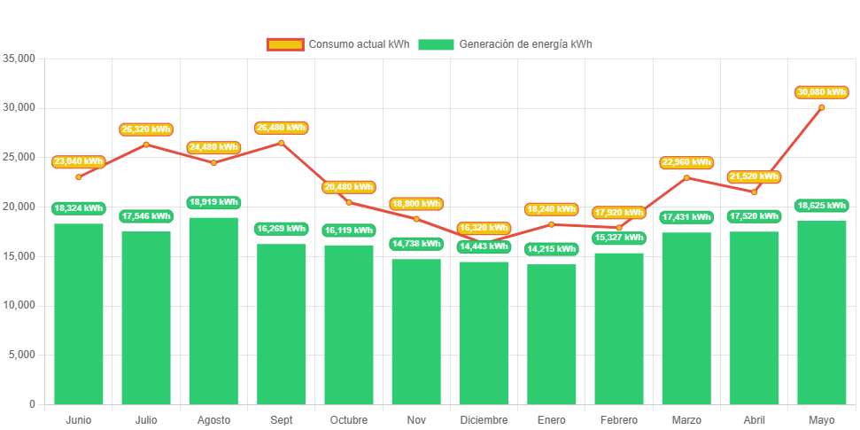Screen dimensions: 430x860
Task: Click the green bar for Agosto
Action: coord(213,310)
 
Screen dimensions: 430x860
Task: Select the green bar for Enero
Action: coord(551,333)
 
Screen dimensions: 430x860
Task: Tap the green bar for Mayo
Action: coord(821,311)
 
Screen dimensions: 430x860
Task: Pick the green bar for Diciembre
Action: coord(484,332)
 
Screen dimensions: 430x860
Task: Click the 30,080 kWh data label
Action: coord(822,92)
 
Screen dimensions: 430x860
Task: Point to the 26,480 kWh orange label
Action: coord(281,128)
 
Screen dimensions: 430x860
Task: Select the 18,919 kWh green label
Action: coord(213,202)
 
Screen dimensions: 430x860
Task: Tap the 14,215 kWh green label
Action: coord(551,249)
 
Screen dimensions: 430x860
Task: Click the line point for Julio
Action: coord(146,145)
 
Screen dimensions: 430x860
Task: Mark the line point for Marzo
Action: coord(686,177)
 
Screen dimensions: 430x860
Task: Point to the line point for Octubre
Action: coord(348,202)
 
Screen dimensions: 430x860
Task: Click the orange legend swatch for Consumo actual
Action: coord(284,44)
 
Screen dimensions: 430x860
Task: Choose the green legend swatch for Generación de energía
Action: coord(436,44)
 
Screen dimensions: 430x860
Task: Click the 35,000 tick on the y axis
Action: coord(19,59)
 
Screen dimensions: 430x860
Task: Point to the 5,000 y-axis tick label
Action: coord(21,355)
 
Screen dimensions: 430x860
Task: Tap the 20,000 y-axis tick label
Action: coord(19,207)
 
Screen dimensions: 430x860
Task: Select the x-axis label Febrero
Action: coord(618,419)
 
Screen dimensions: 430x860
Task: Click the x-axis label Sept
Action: coord(281,419)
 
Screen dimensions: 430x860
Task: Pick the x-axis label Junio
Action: coord(78,419)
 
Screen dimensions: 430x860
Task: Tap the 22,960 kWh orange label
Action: coord(686,162)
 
